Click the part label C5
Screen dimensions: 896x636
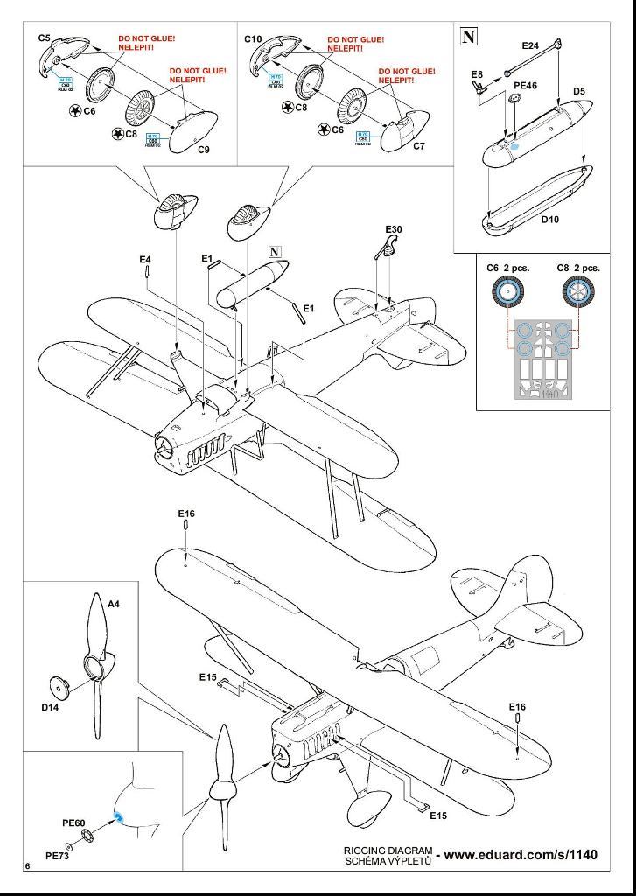click(x=45, y=38)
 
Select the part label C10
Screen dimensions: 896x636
click(x=253, y=39)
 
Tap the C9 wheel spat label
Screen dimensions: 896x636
click(x=203, y=150)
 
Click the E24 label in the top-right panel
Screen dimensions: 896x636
click(x=530, y=45)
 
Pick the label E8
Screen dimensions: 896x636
click(x=476, y=75)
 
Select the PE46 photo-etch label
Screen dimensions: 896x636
click(x=526, y=86)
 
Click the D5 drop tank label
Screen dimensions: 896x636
click(x=578, y=91)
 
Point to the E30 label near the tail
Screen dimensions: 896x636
click(x=394, y=229)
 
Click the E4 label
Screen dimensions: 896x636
click(x=145, y=260)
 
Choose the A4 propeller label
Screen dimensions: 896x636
click(x=113, y=604)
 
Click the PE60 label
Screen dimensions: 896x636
click(x=73, y=823)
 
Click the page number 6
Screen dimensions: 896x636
click(x=29, y=866)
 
